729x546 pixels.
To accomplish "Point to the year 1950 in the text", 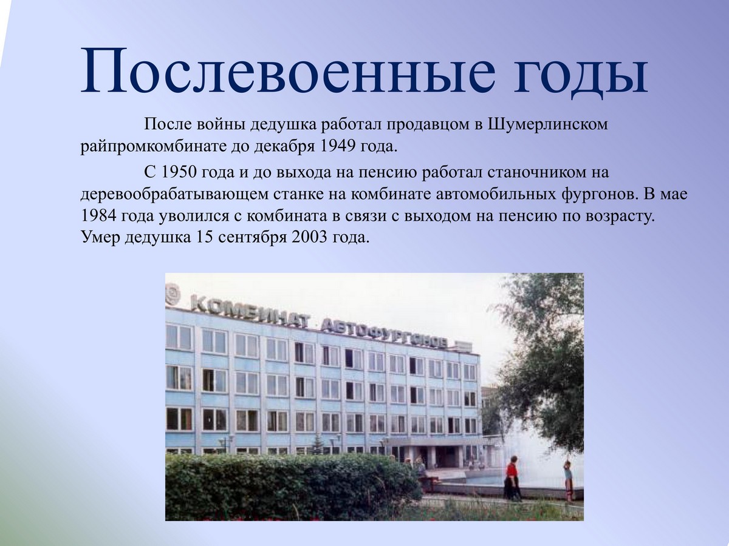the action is [x=180, y=172].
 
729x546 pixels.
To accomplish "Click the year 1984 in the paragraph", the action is [x=98, y=216].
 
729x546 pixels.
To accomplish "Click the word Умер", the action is [x=101, y=238].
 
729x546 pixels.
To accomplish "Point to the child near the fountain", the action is [x=569, y=480].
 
